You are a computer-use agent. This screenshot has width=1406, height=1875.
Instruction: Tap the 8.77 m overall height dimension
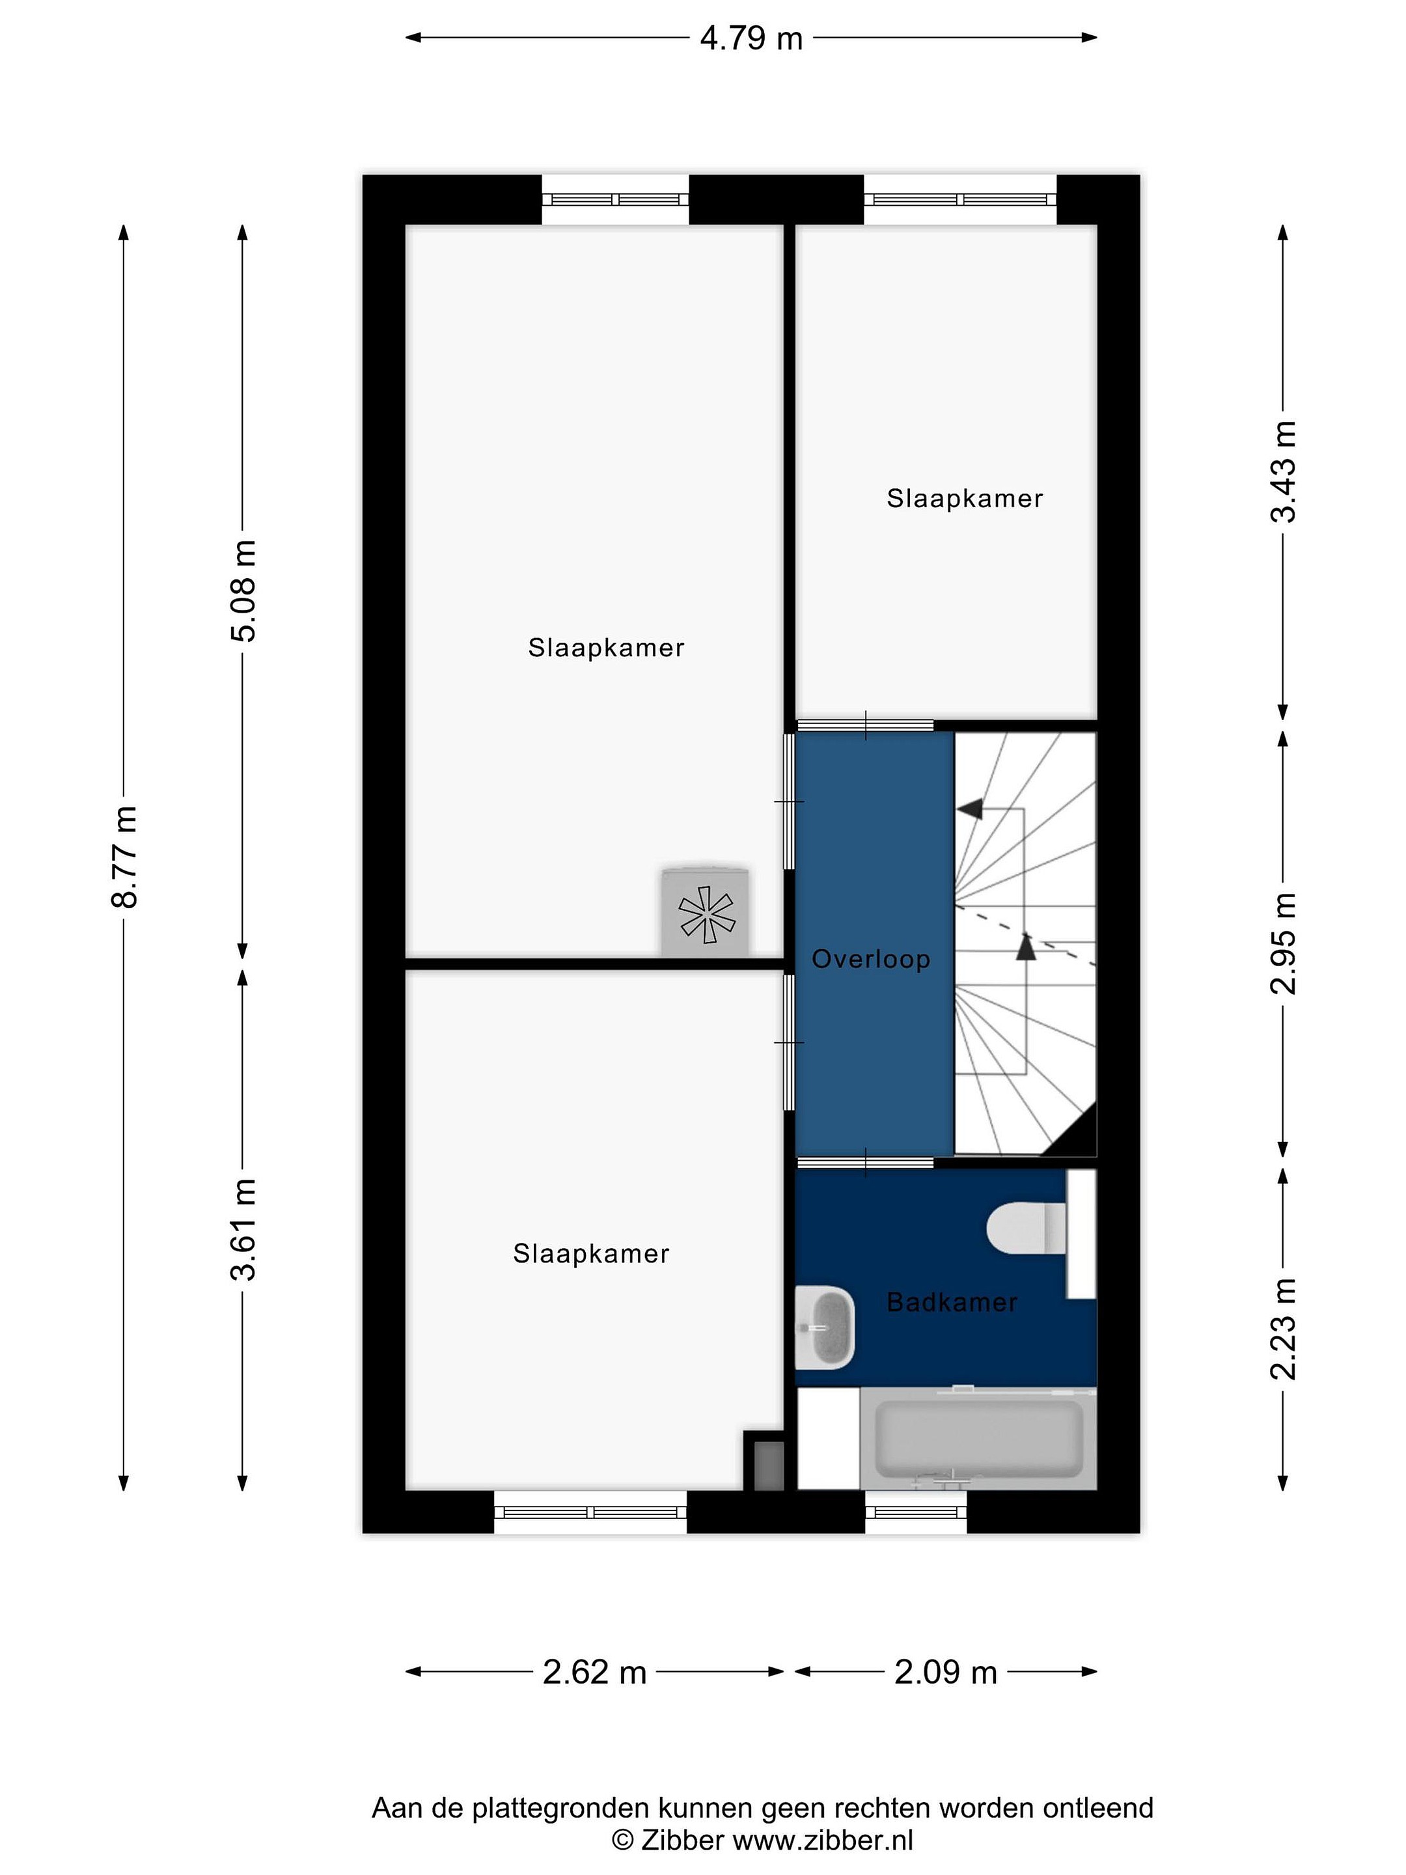(x=124, y=857)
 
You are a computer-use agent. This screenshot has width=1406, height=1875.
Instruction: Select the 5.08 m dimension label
(x=243, y=590)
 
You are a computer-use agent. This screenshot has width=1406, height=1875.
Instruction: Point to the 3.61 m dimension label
(x=243, y=1229)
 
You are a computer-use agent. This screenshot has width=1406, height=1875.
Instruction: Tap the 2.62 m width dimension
(x=594, y=1672)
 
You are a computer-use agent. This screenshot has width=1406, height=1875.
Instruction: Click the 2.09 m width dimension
(x=946, y=1672)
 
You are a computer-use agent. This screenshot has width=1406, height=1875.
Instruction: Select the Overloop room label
(x=871, y=959)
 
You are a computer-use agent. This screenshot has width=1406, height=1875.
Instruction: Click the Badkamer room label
(x=952, y=1302)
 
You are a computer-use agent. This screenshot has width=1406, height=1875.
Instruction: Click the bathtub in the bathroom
(x=978, y=1437)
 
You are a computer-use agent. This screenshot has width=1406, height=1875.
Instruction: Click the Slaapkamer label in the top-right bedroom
(x=965, y=499)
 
